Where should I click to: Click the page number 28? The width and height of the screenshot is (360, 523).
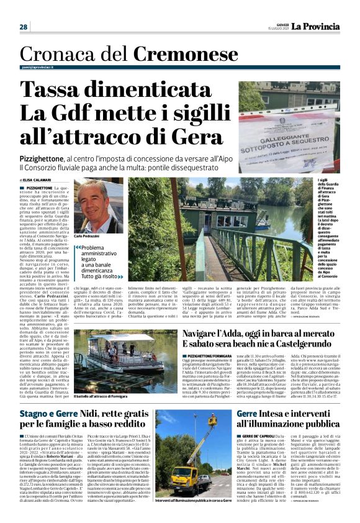[x=24, y=27]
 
